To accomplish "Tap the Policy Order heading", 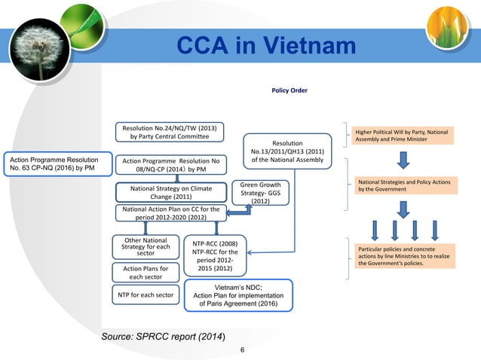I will coord(290,90).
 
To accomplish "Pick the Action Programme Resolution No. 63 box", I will coord(51,165).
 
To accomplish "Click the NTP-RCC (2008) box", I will coord(216,256).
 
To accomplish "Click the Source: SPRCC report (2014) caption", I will coord(163,334).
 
